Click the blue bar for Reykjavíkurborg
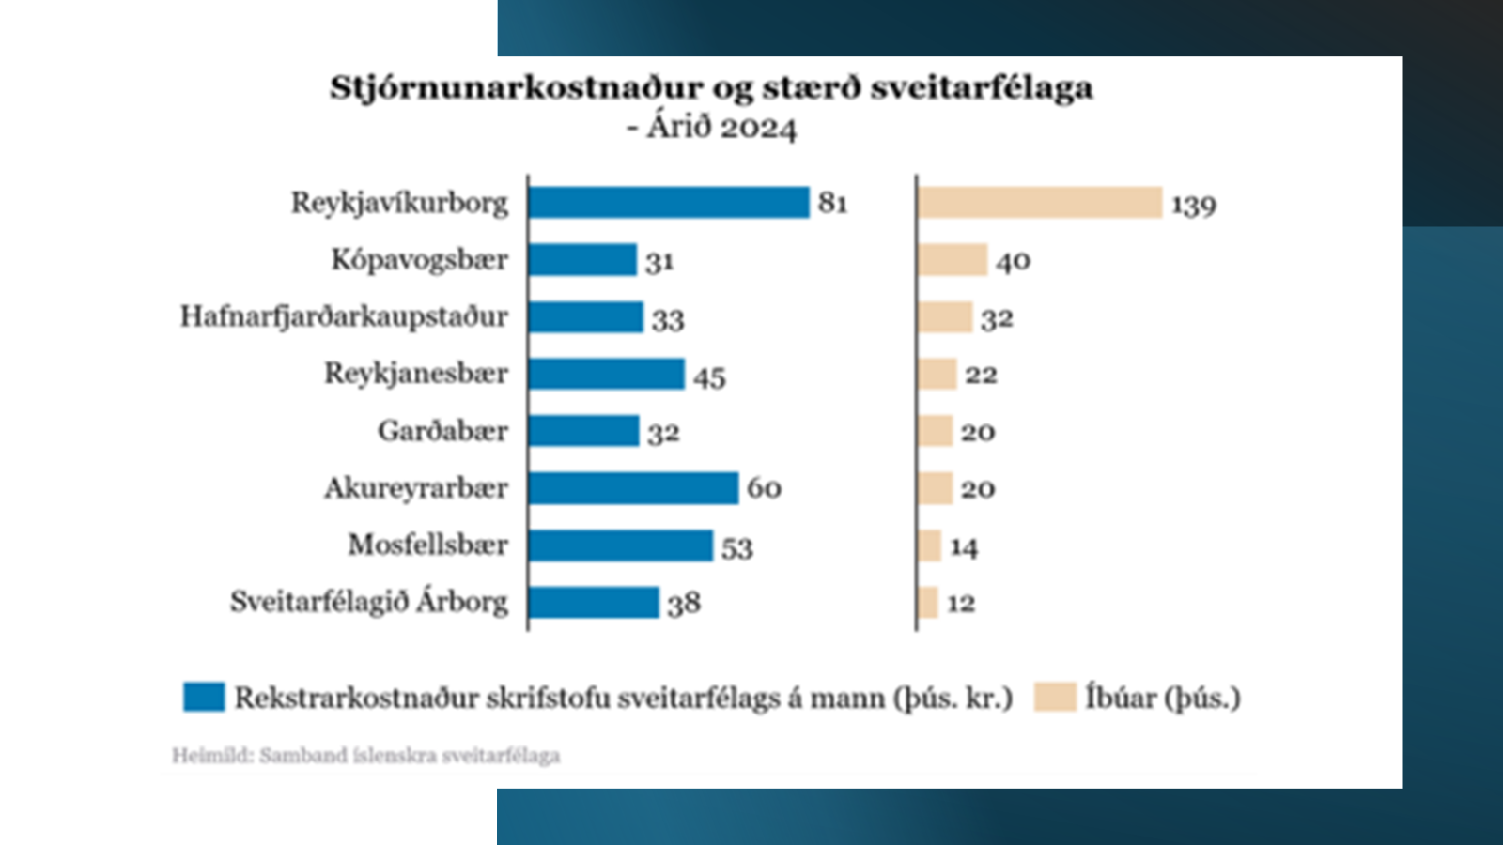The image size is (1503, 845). click(668, 203)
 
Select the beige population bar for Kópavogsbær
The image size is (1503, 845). click(953, 260)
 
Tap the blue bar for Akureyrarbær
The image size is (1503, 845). click(633, 488)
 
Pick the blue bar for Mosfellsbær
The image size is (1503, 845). click(620, 545)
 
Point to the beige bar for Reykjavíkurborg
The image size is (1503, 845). click(1040, 203)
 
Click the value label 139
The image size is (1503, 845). click(1193, 205)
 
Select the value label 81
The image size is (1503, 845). click(832, 203)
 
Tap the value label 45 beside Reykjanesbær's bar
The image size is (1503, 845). click(709, 376)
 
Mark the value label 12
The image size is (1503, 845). click(960, 603)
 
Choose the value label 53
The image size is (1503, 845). click(736, 547)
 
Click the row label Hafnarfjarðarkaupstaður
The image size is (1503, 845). click(344, 316)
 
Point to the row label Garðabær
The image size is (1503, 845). click(442, 431)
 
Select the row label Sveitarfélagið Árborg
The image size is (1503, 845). click(368, 602)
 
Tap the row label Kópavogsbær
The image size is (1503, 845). click(419, 260)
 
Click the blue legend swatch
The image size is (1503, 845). click(204, 697)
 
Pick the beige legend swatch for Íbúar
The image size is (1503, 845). click(1054, 697)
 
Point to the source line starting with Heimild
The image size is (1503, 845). click(365, 756)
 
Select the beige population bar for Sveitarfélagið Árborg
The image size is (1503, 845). click(928, 603)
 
